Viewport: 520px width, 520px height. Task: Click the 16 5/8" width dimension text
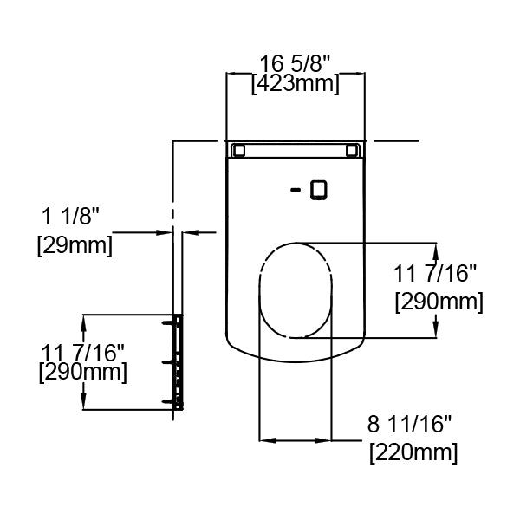(x=296, y=63)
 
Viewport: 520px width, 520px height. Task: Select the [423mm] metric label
(x=295, y=84)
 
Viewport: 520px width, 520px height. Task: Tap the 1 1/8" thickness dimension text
(x=71, y=214)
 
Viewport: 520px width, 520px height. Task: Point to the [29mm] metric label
(x=75, y=245)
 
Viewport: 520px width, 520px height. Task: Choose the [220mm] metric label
(x=413, y=452)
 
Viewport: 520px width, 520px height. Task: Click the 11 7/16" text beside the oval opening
(x=436, y=275)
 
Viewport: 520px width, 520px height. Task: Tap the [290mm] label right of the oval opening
(x=439, y=302)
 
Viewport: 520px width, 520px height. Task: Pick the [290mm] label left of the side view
(x=84, y=373)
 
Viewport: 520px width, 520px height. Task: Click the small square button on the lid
(x=318, y=188)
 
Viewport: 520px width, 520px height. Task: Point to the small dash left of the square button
(x=296, y=189)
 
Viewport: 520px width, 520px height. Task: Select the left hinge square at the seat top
(x=238, y=151)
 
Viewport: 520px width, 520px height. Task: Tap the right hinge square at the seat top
(x=352, y=151)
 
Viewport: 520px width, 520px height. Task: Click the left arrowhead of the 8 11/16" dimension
(x=265, y=440)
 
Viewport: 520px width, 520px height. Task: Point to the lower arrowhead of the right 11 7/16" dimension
(x=435, y=331)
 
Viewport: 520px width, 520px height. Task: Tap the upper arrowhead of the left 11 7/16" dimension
(x=83, y=320)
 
